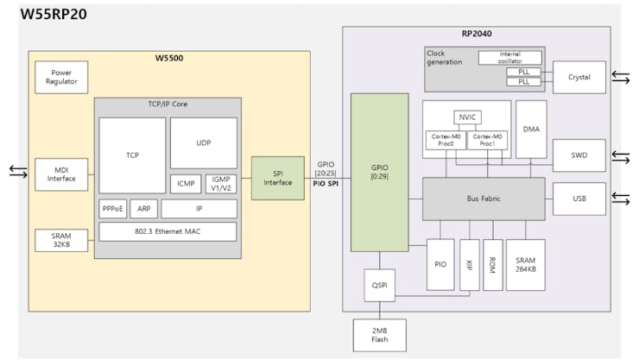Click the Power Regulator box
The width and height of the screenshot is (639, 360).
click(61, 78)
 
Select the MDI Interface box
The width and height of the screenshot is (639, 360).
click(61, 174)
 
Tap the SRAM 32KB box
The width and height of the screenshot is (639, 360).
click(61, 241)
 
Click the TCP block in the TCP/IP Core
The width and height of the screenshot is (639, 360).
click(132, 155)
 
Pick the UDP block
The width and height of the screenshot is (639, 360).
click(203, 142)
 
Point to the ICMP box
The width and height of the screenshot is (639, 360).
click(186, 184)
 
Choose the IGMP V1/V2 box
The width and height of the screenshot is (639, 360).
click(221, 184)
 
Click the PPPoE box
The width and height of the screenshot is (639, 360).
click(113, 209)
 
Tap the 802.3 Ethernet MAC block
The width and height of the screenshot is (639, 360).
click(168, 231)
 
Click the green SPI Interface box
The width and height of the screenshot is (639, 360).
click(278, 178)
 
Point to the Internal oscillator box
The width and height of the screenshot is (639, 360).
click(509, 58)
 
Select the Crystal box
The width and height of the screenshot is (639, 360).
click(579, 78)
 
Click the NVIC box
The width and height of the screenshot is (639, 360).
click(466, 117)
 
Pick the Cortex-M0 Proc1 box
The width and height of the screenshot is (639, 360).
click(487, 140)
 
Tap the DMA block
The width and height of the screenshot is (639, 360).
click(531, 129)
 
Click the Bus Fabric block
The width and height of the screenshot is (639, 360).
click(484, 199)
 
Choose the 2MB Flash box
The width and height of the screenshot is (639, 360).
click(380, 335)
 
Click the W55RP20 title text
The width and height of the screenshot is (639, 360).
click(53, 14)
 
